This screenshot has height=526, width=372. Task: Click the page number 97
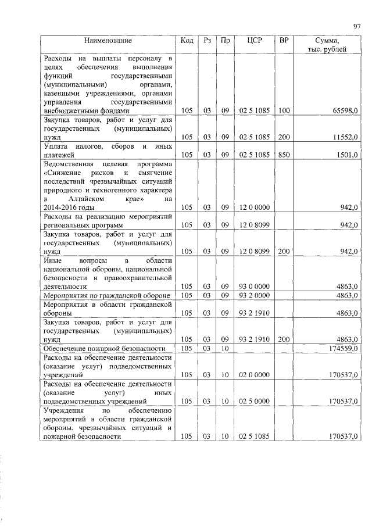pyautogui.click(x=357, y=26)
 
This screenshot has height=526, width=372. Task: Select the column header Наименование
pyautogui.click(x=108, y=41)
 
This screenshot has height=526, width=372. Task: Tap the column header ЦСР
pyautogui.click(x=254, y=41)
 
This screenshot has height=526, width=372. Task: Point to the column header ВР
pyautogui.click(x=284, y=41)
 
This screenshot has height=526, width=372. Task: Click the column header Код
pyautogui.click(x=187, y=41)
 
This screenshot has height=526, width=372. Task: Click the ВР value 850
pyautogui.click(x=284, y=155)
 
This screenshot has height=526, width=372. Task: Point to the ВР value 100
pyautogui.click(x=284, y=110)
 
